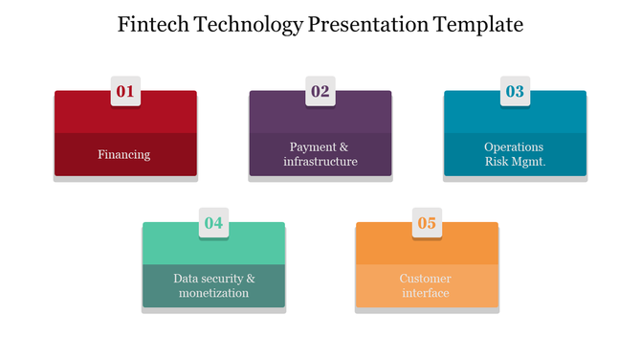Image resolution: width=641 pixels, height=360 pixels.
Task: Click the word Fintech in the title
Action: [x=154, y=25]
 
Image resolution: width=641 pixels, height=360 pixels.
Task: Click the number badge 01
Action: [x=125, y=92]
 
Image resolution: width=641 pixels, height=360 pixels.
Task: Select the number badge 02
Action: [x=320, y=92]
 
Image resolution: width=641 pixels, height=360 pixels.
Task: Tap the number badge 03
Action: [x=515, y=92]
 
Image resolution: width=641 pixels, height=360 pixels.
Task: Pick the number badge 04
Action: [x=213, y=223]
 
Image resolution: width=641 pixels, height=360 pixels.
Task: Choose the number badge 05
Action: [x=427, y=223]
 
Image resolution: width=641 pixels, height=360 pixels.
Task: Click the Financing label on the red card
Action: [x=124, y=155]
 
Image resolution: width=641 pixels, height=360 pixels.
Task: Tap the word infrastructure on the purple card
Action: [x=320, y=162]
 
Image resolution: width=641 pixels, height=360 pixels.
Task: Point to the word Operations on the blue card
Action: [x=514, y=147]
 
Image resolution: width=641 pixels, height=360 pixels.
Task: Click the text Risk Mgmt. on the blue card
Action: [x=515, y=162]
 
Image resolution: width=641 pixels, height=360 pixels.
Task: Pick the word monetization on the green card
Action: [x=213, y=293]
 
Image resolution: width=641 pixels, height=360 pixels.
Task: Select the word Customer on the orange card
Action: [x=426, y=279]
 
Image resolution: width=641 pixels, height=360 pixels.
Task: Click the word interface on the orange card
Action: [x=426, y=293]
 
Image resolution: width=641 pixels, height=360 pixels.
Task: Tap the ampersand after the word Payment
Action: [x=344, y=147]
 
